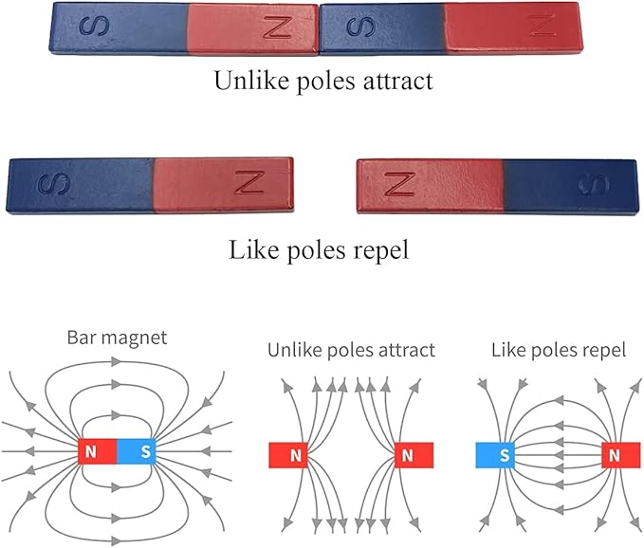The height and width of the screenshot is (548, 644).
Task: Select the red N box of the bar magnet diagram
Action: coord(91,452)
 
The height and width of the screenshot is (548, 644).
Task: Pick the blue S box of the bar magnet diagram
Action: coord(145,452)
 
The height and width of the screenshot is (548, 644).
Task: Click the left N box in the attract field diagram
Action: coord(296,456)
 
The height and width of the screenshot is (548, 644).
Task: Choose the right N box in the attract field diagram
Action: coord(408,456)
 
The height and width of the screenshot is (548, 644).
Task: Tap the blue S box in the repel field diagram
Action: coord(503,456)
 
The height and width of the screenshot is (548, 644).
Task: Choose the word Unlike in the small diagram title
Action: coord(292,350)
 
